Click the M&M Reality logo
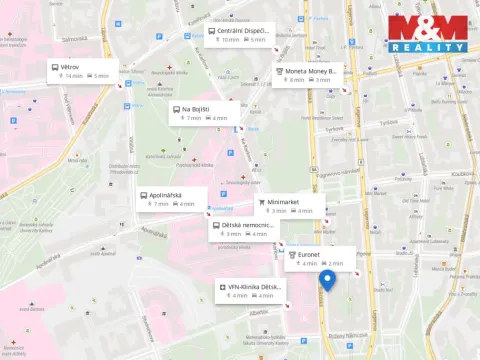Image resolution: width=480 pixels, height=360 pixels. click(x=427, y=34)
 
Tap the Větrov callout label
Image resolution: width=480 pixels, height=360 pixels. click(x=70, y=66)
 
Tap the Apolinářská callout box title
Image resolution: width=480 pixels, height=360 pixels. click(x=166, y=194)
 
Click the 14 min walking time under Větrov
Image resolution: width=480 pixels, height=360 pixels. click(x=73, y=76)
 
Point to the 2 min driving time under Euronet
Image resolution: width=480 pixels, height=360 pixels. click(x=335, y=264)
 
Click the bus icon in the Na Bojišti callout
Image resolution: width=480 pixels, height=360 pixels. click(x=174, y=109)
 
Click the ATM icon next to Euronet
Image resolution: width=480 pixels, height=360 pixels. click(x=292, y=254)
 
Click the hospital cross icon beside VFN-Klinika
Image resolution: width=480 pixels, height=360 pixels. click(x=222, y=287)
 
